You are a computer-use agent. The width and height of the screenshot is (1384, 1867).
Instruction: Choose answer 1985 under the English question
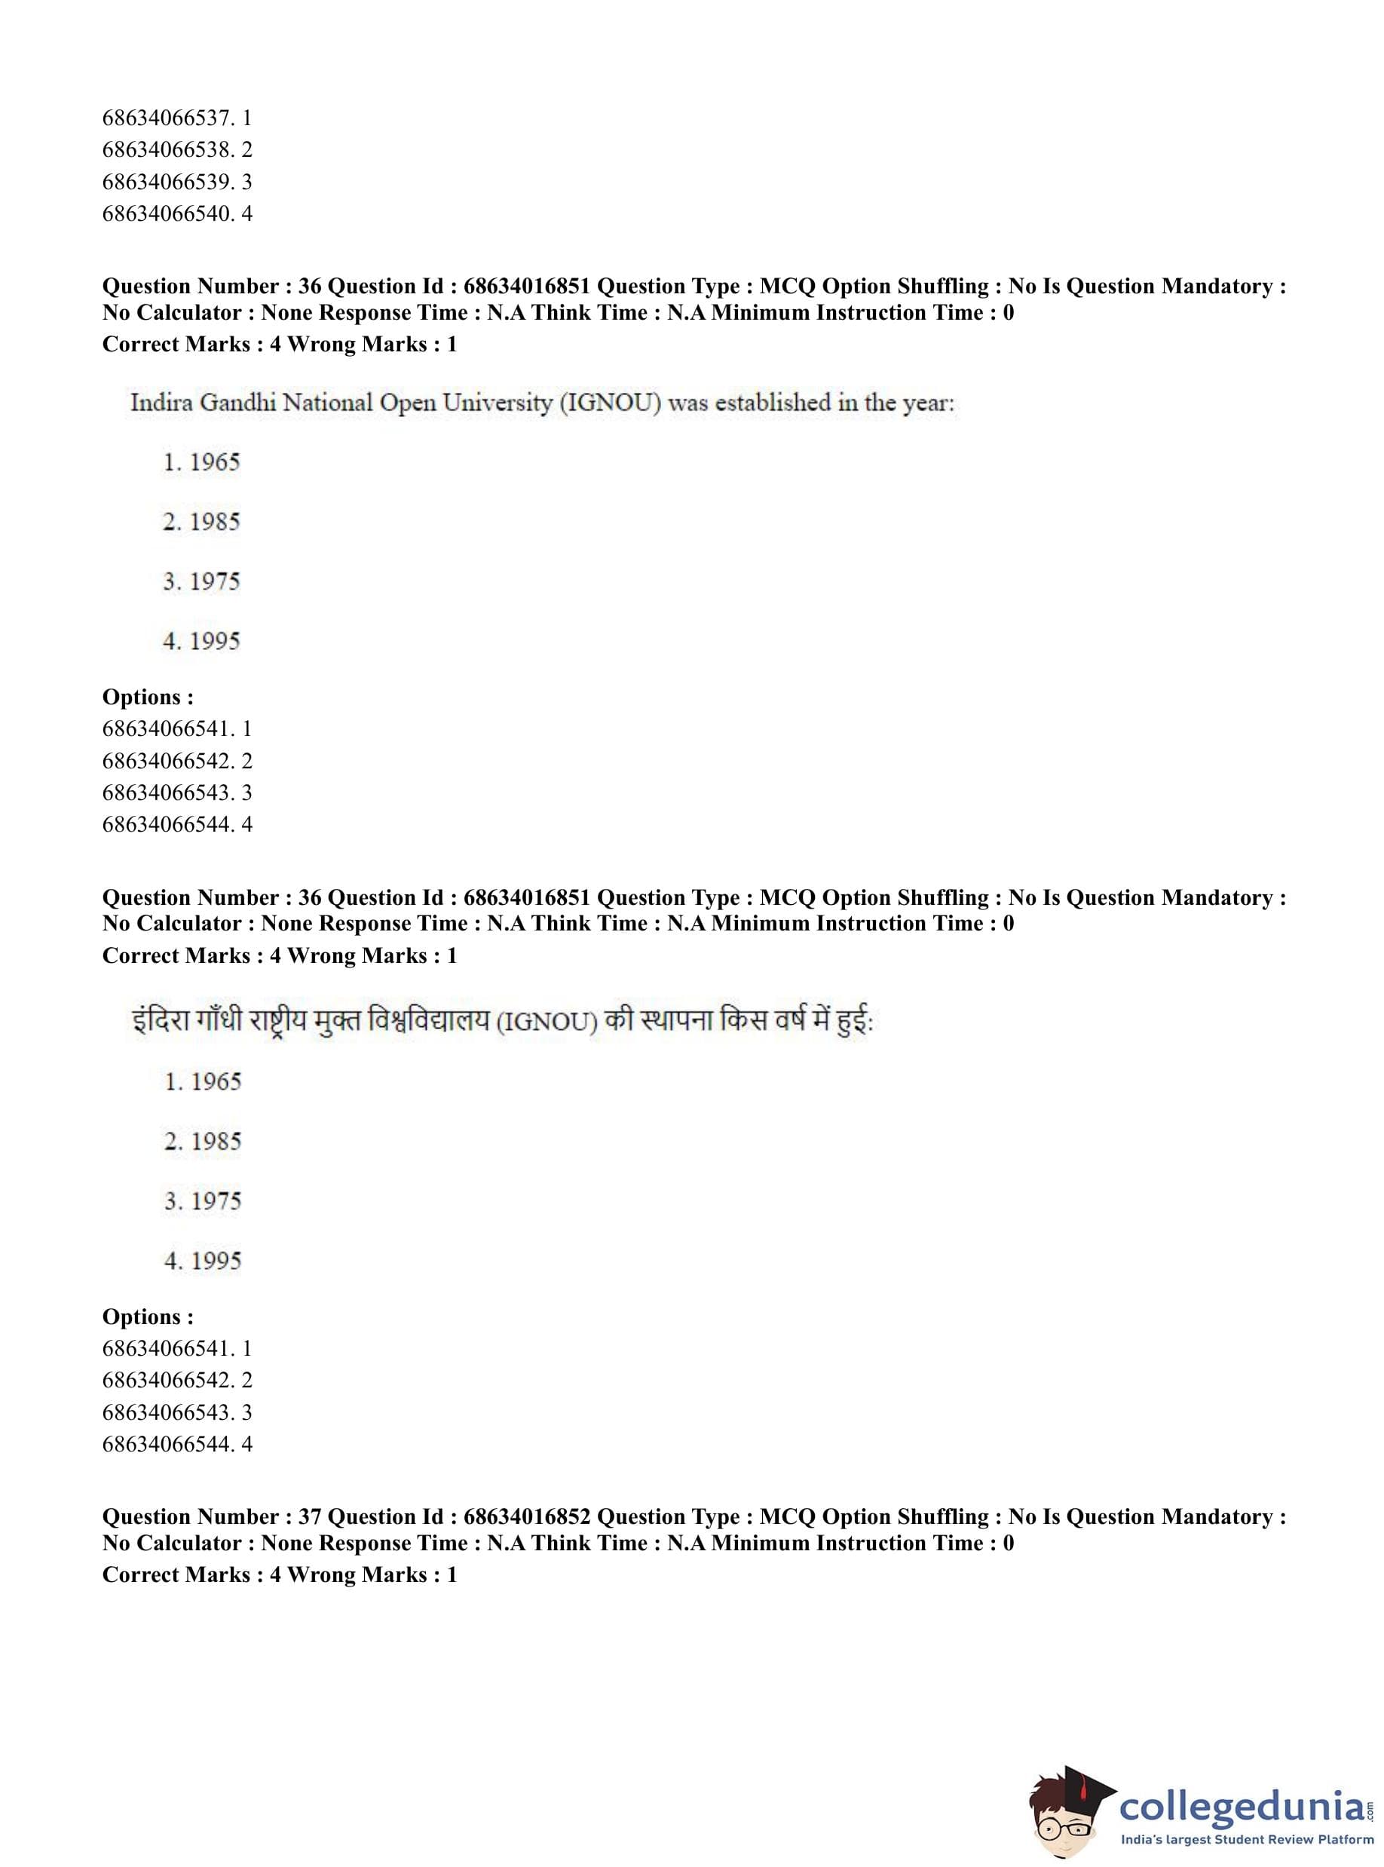[215, 522]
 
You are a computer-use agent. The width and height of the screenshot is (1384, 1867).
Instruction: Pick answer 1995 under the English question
[215, 641]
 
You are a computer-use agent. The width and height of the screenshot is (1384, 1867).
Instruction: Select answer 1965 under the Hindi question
[216, 1082]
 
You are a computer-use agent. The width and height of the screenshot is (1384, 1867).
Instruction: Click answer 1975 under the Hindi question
[216, 1201]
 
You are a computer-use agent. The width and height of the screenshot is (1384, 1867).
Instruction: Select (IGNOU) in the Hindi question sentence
[547, 1023]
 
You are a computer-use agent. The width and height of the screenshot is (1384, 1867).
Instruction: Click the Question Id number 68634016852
[527, 1516]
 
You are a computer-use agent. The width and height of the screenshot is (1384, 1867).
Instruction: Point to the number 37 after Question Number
[310, 1516]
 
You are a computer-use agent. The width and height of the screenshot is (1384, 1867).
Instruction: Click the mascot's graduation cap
[1081, 1786]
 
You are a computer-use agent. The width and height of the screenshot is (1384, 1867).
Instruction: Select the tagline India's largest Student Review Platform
[1247, 1839]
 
